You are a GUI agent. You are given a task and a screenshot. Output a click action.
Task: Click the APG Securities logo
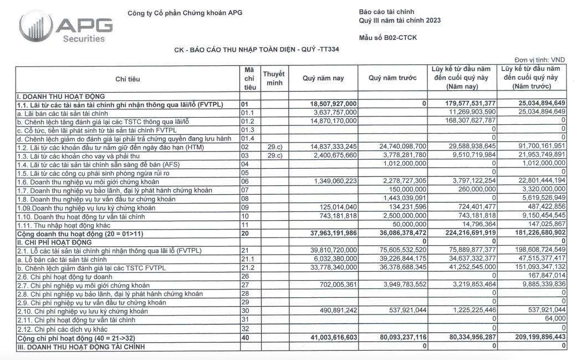coord(65,27)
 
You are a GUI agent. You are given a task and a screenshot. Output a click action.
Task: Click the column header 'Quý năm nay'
coord(323,78)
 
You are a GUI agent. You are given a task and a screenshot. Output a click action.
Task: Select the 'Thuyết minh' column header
coord(273,78)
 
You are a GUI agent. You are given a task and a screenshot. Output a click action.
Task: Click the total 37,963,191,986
coord(330,234)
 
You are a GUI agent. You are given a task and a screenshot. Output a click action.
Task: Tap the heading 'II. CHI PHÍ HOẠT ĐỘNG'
coord(54,242)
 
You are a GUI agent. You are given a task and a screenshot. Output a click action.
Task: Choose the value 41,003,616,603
coord(330,338)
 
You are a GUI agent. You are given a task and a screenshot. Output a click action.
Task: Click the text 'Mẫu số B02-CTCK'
coord(388,38)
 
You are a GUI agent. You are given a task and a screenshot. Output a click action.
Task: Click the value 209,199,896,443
coord(532,338)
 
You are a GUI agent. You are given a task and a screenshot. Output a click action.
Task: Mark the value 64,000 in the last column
coord(554,320)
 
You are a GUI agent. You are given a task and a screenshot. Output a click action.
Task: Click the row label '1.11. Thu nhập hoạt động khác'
coord(66,225)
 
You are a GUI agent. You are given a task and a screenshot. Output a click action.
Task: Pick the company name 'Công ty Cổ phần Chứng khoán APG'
coord(185,13)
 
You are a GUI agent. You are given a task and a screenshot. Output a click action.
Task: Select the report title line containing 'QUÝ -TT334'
coord(257,50)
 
